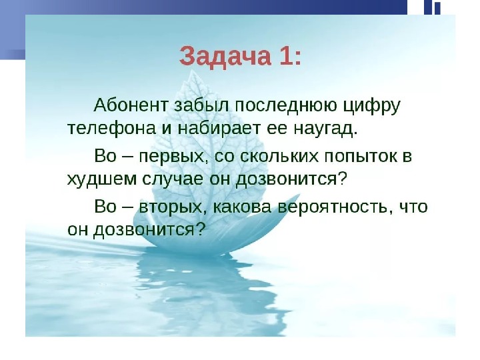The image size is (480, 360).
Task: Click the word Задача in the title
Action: click(x=225, y=57)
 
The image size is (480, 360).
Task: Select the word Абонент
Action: click(x=131, y=106)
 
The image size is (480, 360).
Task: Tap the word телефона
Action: click(x=112, y=129)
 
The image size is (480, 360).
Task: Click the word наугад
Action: click(x=325, y=129)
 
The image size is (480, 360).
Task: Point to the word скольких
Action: click(x=279, y=156)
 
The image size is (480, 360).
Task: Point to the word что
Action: click(x=413, y=207)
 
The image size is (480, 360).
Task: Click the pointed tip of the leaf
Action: click(x=193, y=71)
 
